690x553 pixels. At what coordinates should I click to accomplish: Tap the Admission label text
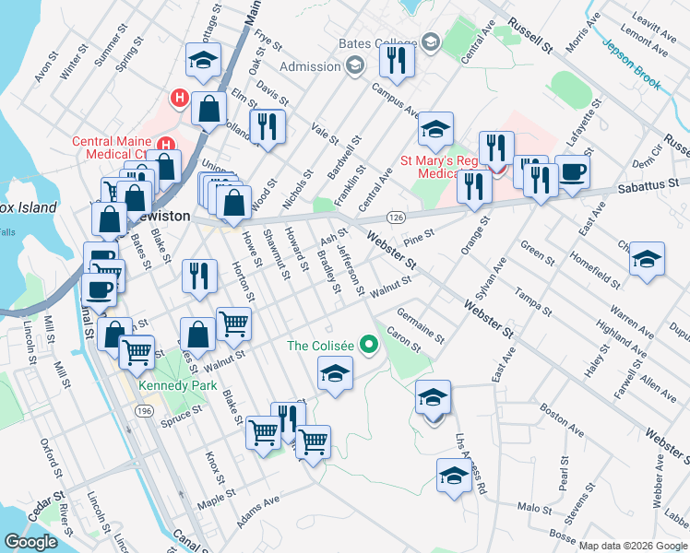click(309, 66)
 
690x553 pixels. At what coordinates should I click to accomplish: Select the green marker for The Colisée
click(370, 347)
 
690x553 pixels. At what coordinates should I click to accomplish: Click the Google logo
click(31, 542)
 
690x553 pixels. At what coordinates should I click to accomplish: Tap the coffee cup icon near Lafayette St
click(572, 172)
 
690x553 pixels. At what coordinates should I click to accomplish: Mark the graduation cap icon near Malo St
click(453, 477)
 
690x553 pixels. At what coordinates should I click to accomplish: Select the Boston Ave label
click(562, 423)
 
